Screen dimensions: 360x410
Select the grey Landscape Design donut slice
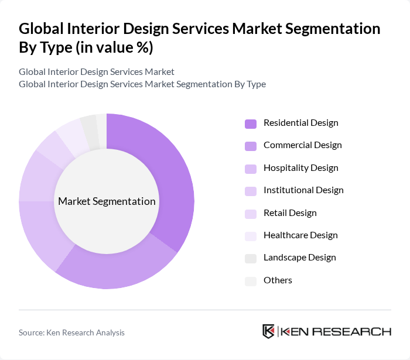tap(90, 125)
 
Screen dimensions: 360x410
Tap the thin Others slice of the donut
tap(102, 123)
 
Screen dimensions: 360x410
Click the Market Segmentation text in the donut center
tap(107, 201)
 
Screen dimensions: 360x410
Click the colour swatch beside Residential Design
tap(251, 124)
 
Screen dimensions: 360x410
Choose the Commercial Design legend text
tap(302, 145)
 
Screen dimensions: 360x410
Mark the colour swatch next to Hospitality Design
tap(251, 169)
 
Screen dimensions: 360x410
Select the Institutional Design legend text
tap(303, 190)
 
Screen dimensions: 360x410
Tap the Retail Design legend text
tap(290, 213)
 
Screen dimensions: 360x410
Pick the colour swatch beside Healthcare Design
tap(251, 236)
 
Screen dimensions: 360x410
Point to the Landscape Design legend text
tap(299, 258)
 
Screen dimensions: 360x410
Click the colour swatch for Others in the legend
tap(251, 281)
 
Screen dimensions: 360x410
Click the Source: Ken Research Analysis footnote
tap(71, 332)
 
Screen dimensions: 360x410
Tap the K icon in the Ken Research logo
tap(268, 331)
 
